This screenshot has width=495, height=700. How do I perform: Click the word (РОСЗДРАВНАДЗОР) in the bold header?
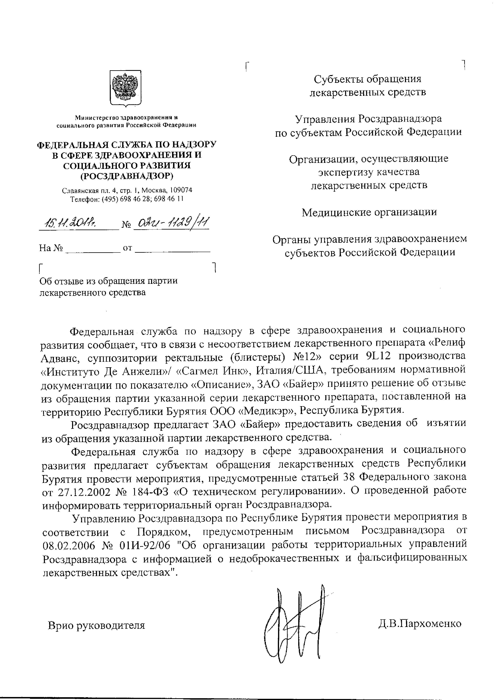(127, 176)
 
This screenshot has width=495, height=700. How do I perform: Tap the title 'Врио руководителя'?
(96, 625)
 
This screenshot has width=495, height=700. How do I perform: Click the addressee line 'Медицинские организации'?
(369, 212)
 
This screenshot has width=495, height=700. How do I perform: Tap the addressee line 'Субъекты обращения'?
(367, 79)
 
